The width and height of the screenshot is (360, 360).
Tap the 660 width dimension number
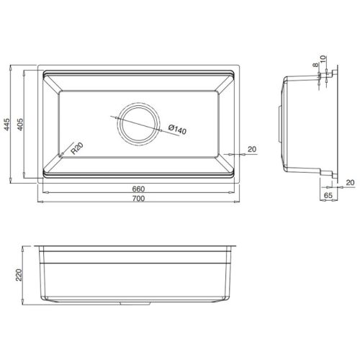click(x=138, y=189)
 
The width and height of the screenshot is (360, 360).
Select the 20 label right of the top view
click(x=251, y=149)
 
